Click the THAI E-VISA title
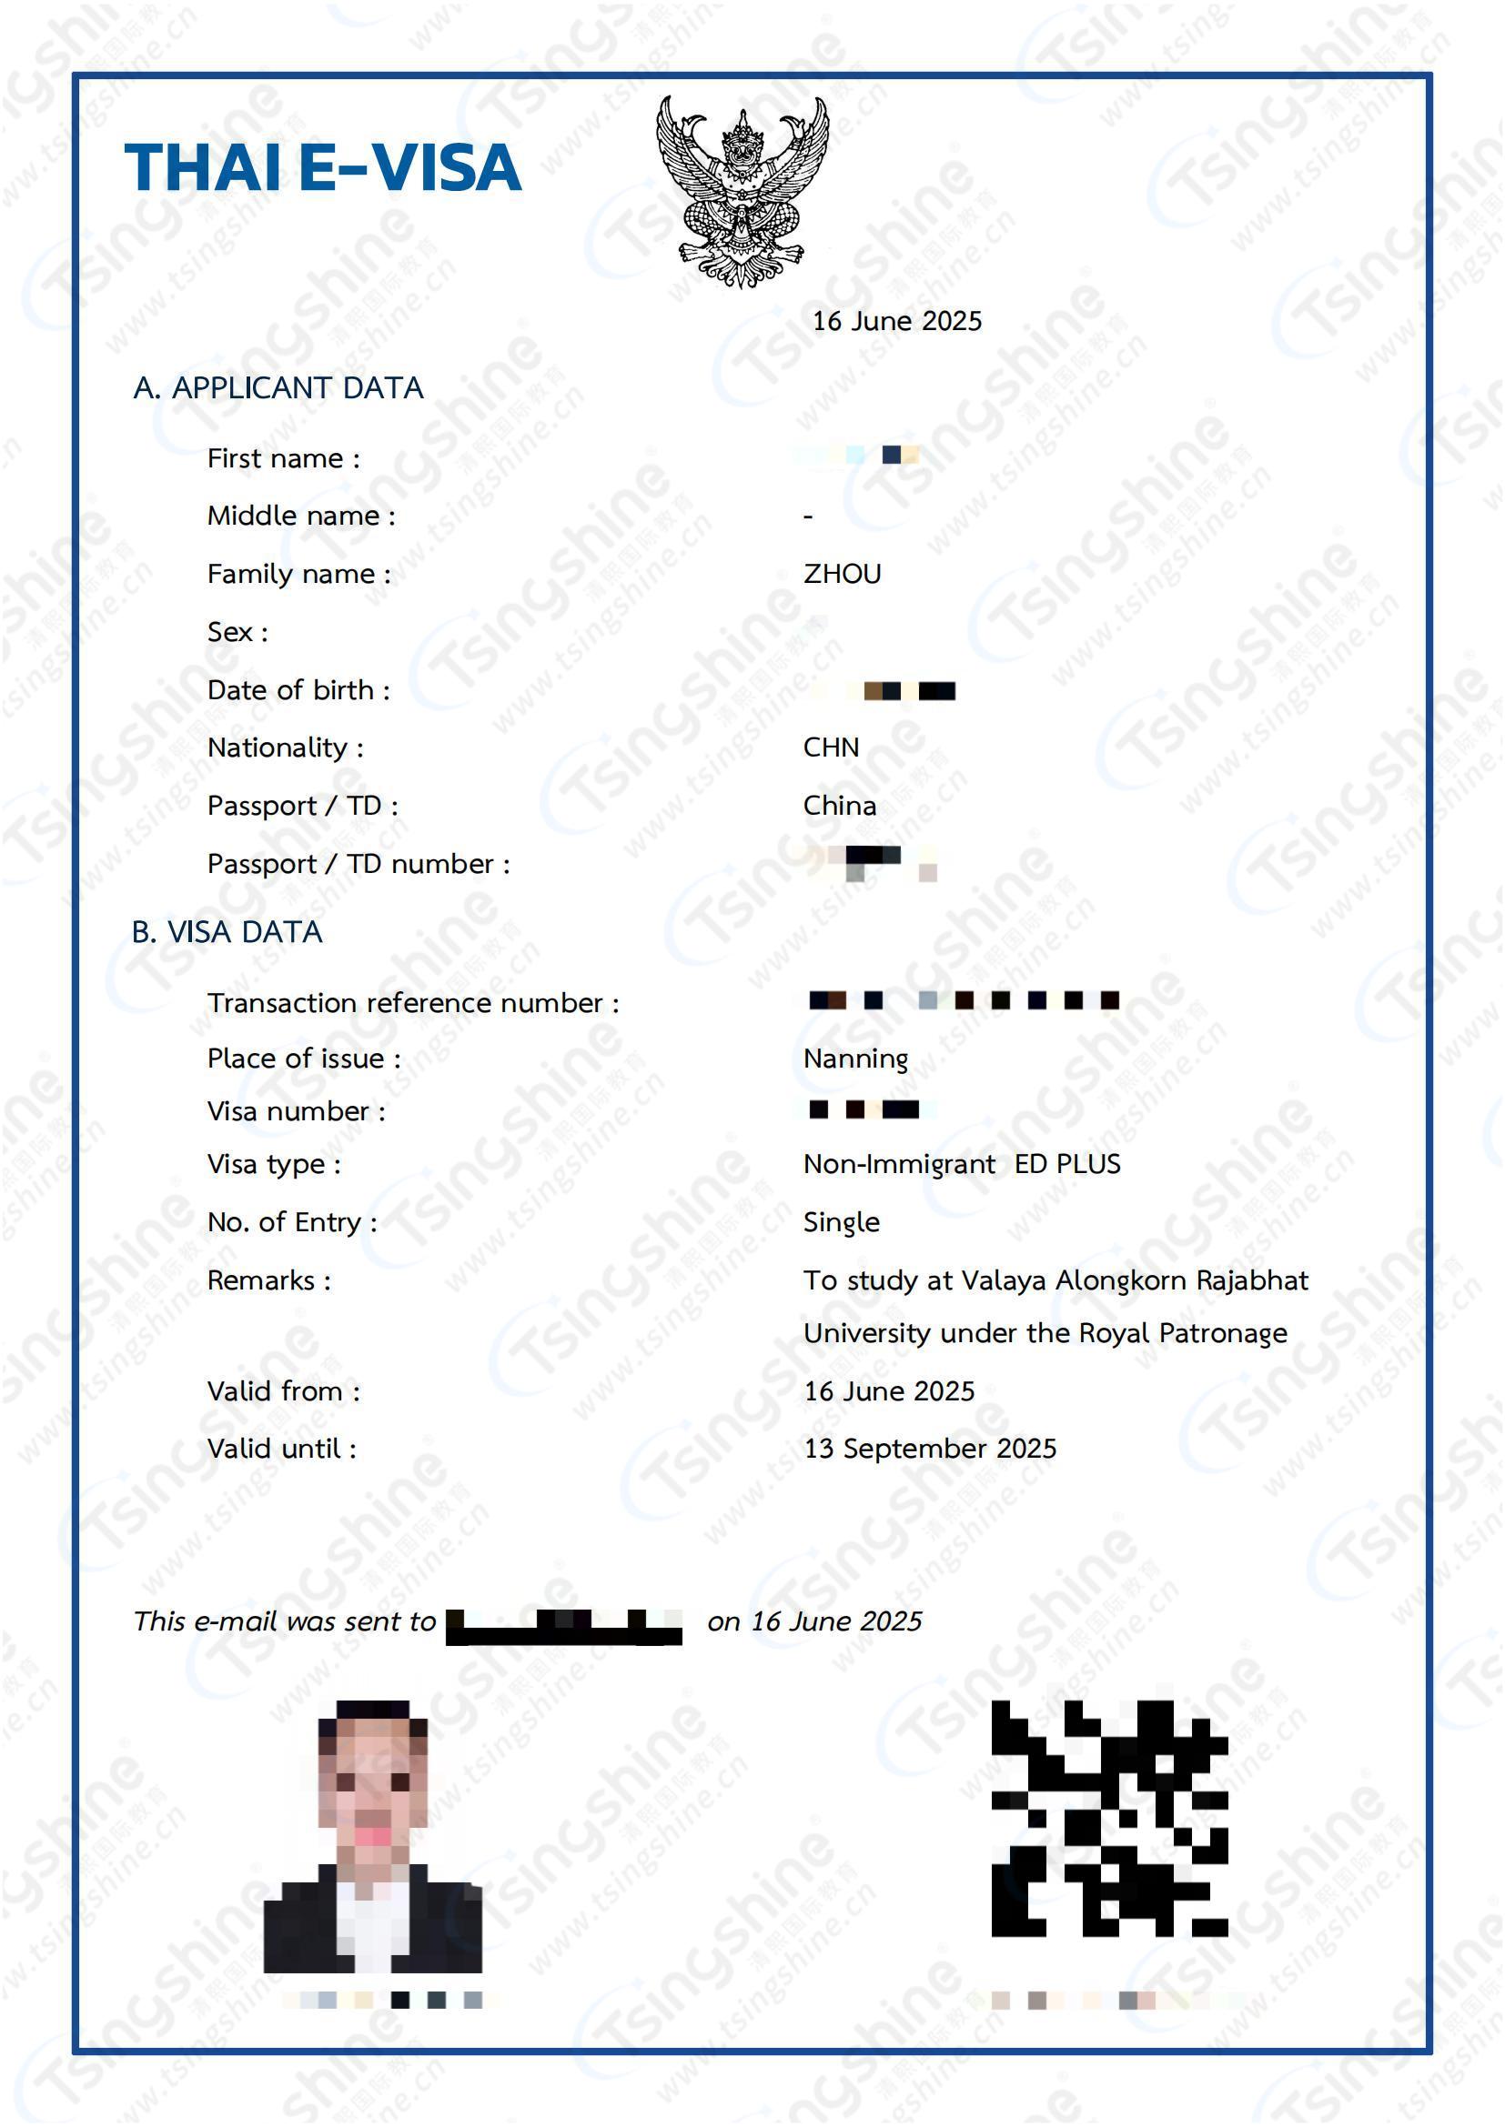click(x=322, y=167)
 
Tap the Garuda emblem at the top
click(x=742, y=192)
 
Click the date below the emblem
click(x=896, y=321)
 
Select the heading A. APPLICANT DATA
click(x=278, y=388)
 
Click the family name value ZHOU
click(x=842, y=575)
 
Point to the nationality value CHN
click(x=831, y=747)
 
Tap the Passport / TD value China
click(x=839, y=806)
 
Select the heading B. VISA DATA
click(x=227, y=932)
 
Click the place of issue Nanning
click(x=854, y=1058)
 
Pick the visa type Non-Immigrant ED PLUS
click(x=961, y=1165)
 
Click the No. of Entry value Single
click(x=841, y=1223)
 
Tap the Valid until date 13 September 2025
click(x=930, y=1449)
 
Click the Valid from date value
click(x=889, y=1391)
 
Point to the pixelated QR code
click(x=1108, y=1819)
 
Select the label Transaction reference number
click(x=412, y=1003)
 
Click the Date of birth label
click(x=298, y=690)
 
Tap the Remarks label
click(x=268, y=1281)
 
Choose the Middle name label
click(x=301, y=516)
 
